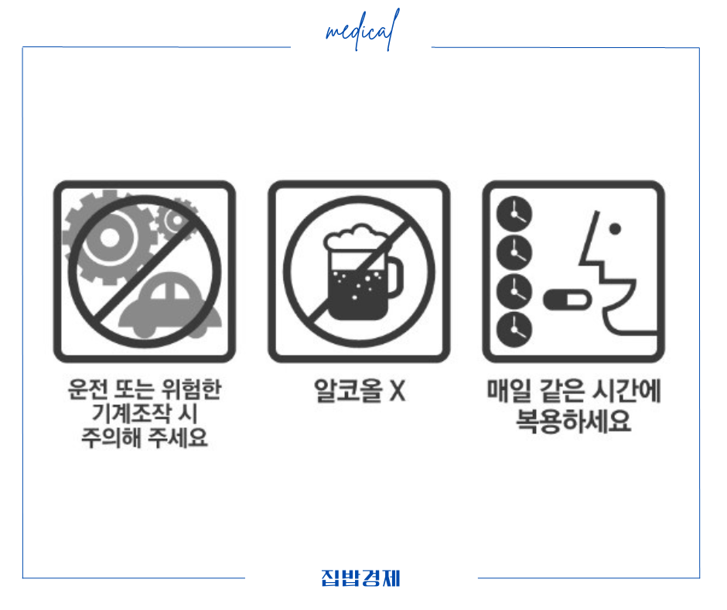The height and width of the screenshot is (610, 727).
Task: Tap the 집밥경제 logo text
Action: (x=360, y=578)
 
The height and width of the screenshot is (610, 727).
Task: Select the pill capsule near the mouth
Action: (x=562, y=298)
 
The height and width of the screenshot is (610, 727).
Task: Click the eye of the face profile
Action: (x=616, y=229)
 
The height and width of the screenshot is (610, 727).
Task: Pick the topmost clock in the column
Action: (x=511, y=212)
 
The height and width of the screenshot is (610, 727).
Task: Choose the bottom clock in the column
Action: (x=511, y=329)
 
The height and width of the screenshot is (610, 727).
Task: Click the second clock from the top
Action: (x=511, y=251)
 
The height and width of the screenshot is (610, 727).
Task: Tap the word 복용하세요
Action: (x=572, y=421)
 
